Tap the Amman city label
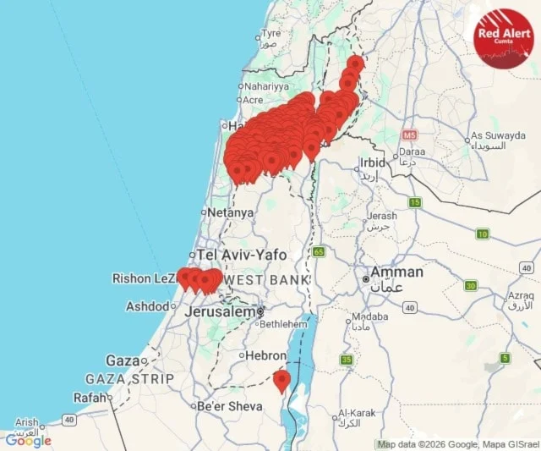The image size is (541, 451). click(396, 272)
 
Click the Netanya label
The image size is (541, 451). click(230, 213)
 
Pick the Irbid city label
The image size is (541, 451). click(372, 162)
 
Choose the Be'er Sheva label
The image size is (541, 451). click(230, 406)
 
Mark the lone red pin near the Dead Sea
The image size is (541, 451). click(281, 380)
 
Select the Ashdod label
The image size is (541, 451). click(147, 306)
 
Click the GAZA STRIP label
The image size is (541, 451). click(129, 379)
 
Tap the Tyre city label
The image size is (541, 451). click(270, 34)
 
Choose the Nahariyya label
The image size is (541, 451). click(266, 86)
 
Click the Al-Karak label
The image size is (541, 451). click(355, 413)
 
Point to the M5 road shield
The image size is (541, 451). click(410, 135)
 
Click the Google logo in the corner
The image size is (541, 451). click(28, 440)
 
